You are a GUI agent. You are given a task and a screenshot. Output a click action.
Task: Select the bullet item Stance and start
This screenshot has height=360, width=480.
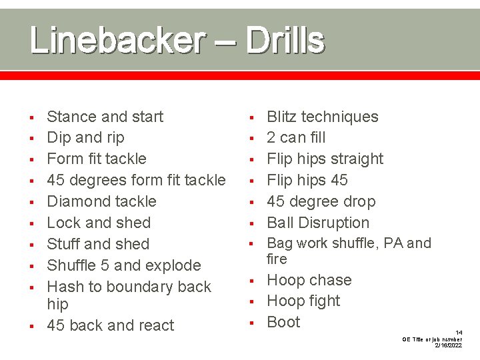tap(105, 117)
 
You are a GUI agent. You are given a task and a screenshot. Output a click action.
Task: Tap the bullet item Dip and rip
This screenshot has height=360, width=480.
tap(85, 137)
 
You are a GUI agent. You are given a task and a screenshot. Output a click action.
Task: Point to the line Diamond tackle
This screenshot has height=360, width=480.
tap(101, 201)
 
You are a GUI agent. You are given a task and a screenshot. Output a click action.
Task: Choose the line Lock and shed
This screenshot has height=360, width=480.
tap(99, 223)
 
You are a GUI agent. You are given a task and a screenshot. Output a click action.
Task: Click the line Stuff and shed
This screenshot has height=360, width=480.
tap(98, 244)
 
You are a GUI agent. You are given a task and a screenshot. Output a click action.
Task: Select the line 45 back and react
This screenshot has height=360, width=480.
tap(110, 325)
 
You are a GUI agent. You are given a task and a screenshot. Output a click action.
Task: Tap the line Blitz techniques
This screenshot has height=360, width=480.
tap(322, 117)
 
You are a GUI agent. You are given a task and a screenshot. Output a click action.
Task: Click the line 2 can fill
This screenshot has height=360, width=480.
tap(296, 137)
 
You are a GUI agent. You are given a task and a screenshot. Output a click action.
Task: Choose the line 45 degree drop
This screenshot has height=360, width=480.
tap(321, 201)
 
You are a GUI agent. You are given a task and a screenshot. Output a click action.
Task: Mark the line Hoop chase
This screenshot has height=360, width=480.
tap(309, 280)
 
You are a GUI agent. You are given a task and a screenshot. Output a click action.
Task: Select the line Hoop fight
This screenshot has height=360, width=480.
tap(303, 301)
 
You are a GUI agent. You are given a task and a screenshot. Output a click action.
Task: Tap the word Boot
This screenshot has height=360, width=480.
tap(283, 322)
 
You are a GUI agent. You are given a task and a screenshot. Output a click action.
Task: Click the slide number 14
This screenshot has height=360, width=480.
tap(459, 332)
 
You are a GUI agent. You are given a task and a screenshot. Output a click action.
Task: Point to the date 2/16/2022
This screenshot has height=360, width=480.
tap(449, 346)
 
